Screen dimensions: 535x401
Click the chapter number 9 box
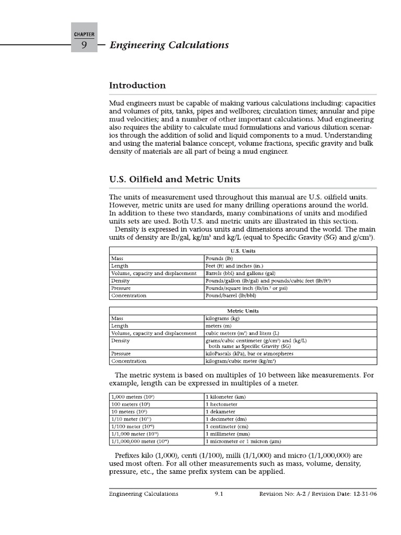pos(83,45)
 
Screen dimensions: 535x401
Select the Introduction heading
pos(137,86)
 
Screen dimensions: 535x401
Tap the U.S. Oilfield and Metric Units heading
pos(174,179)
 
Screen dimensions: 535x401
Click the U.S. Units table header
pos(242,251)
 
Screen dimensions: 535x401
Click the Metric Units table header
pos(242,311)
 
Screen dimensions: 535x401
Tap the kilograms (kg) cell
pos(223,318)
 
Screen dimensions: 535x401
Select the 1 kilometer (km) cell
pos(226,397)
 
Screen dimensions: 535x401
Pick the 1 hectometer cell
pos(221,404)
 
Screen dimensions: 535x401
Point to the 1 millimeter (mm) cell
pos(228,434)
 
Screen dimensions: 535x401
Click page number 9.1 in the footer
pos(219,494)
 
